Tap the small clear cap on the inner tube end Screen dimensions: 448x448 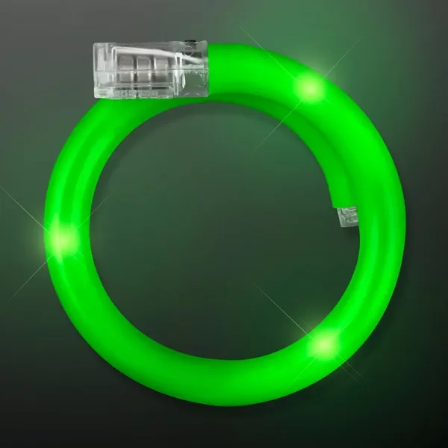[348, 218]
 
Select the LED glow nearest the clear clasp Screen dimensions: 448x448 [309, 89]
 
